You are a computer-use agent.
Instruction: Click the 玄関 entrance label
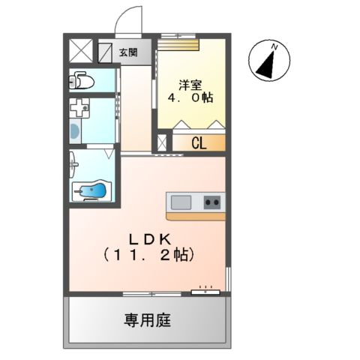point(128,52)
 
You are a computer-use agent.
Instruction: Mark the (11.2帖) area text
point(149,255)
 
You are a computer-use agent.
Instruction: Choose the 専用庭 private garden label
point(148,320)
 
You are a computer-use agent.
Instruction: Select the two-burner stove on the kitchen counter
point(212,201)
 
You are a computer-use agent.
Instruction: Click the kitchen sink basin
point(181,201)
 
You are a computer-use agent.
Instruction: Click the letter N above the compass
point(275,47)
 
